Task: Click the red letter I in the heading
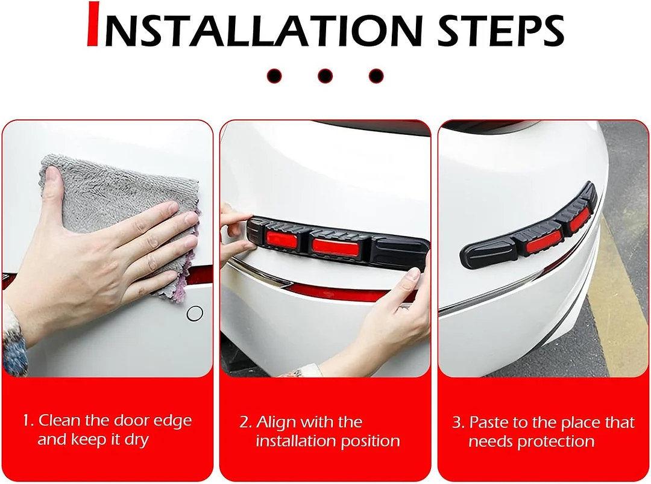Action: tap(93, 25)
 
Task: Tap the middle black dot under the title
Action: tap(325, 76)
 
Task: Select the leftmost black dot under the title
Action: tap(274, 76)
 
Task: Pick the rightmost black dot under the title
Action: tap(376, 76)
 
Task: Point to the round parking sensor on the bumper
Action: tap(195, 313)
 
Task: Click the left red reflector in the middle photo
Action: tap(281, 240)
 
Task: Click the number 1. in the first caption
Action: tap(28, 421)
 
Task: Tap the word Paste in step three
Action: tap(489, 423)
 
